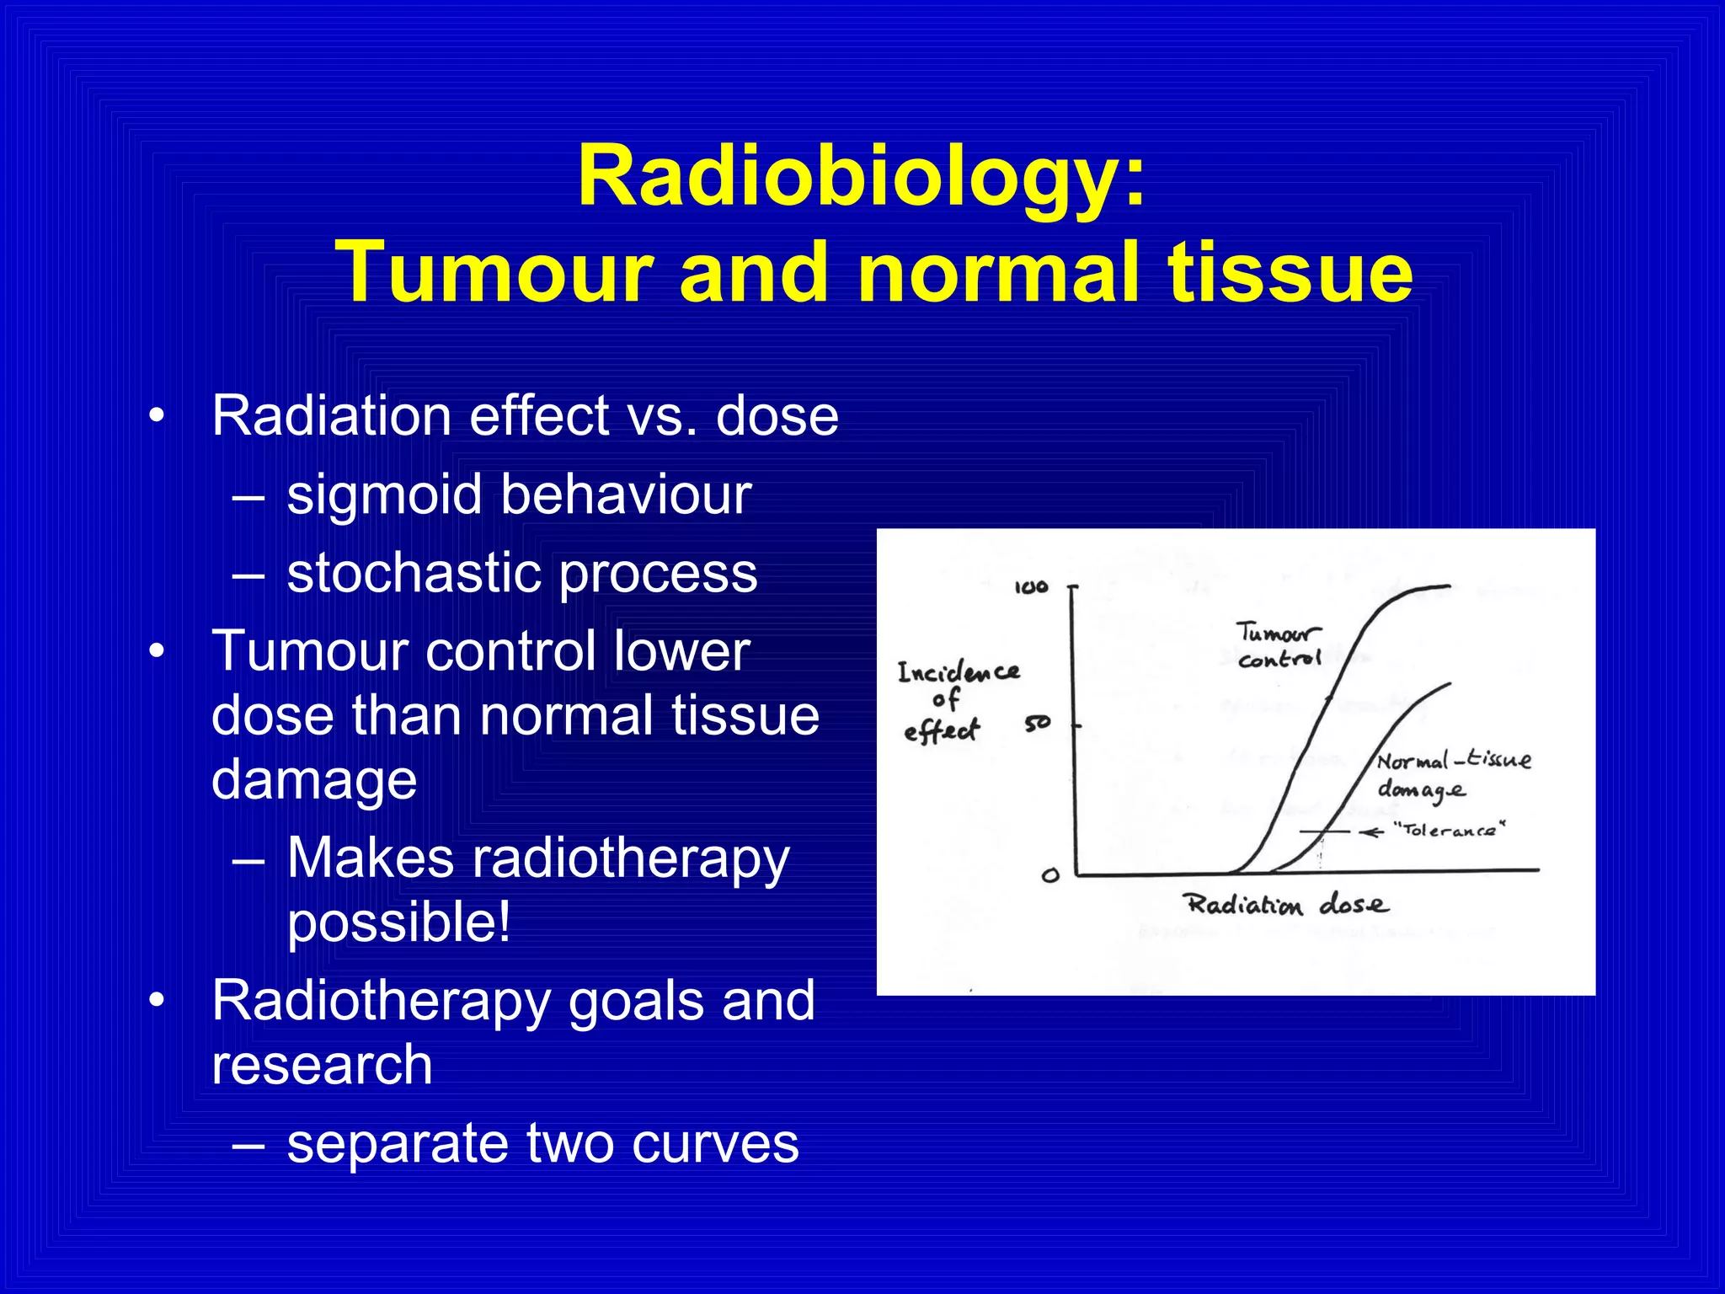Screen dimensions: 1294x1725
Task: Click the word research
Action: point(322,1064)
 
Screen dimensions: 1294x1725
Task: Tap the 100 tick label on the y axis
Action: point(1031,587)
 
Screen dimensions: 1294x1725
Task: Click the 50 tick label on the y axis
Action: point(1038,723)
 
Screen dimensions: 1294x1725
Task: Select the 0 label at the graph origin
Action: point(1049,875)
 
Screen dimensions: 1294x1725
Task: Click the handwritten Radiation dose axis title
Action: point(1286,905)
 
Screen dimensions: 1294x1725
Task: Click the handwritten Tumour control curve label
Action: point(1279,645)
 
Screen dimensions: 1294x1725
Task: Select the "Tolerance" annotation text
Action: point(1449,830)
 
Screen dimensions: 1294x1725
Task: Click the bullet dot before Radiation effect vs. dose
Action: point(155,416)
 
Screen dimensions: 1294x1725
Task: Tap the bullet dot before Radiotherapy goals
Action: point(155,1001)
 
